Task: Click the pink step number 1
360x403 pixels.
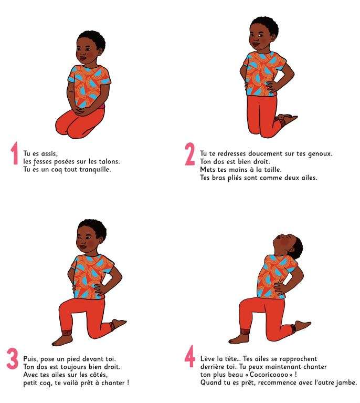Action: point(14,153)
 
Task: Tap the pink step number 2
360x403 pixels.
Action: point(190,154)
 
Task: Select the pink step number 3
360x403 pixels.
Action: point(13,358)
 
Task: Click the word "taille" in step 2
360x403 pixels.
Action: point(273,170)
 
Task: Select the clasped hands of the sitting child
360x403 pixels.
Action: point(82,111)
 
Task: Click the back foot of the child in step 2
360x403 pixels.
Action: point(287,119)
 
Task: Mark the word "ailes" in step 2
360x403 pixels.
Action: point(309,178)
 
